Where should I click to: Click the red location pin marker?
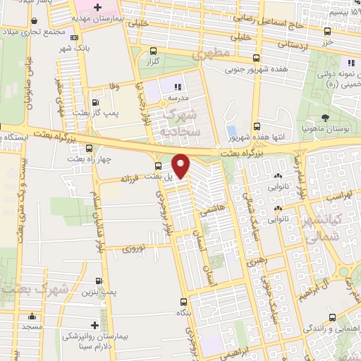point(181,166)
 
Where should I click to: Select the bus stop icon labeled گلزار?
point(154,51)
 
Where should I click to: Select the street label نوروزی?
point(133,249)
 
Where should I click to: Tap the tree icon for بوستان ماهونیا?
point(325,118)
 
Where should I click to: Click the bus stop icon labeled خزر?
point(326,31)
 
